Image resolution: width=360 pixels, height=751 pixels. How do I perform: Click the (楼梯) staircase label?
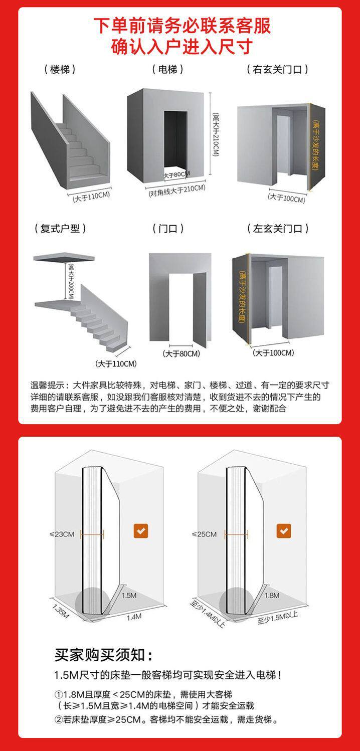[60, 69]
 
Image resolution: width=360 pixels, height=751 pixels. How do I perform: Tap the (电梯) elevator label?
[168, 69]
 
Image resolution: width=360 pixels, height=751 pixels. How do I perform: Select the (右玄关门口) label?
[278, 69]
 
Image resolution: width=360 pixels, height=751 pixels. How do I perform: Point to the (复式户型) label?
[60, 229]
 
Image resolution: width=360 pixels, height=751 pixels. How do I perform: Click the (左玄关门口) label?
[278, 229]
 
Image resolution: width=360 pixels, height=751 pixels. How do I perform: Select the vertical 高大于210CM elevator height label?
[216, 134]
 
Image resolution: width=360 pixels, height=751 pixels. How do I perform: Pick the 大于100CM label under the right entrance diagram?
[287, 198]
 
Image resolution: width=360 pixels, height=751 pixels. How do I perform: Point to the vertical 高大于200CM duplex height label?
[71, 281]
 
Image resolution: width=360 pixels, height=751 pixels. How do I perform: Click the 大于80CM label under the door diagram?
[181, 353]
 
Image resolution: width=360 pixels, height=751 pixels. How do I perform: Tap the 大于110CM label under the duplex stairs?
[116, 363]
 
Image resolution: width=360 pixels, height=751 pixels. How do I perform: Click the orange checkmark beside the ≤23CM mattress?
[141, 531]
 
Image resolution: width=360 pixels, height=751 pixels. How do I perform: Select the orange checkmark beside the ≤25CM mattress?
[284, 531]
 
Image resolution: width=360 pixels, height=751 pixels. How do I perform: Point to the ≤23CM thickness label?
[62, 534]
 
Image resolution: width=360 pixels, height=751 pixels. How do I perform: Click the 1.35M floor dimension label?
[61, 611]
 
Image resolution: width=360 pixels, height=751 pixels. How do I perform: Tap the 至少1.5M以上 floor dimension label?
[278, 618]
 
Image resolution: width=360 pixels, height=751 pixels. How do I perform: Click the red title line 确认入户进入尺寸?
[182, 46]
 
